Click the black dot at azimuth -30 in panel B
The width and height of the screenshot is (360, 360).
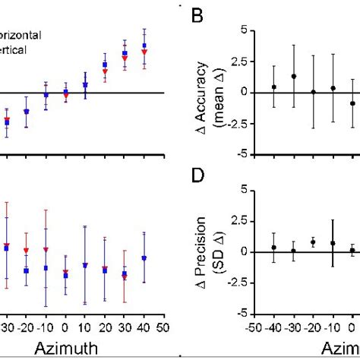point(293,77)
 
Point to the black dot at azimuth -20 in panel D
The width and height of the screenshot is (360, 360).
point(313,242)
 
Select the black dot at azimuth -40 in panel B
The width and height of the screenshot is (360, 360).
point(273,87)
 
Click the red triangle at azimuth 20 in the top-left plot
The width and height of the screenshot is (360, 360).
point(105,71)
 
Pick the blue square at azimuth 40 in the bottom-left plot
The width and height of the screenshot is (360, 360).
point(144,258)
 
